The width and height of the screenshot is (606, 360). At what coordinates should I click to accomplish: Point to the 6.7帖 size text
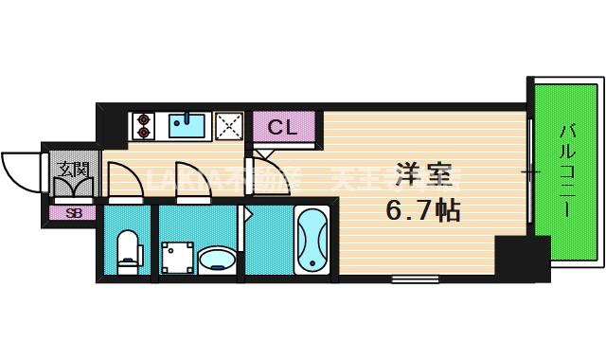pos(422,209)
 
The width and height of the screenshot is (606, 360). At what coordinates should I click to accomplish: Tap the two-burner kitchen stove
pos(144,124)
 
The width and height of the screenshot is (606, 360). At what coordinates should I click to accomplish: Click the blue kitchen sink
pos(187,124)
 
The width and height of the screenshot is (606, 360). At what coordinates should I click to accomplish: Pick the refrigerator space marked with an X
pos(228,124)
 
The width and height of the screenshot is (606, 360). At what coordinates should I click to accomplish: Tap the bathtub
pos(312,240)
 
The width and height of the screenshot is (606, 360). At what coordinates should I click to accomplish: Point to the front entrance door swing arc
pos(21,171)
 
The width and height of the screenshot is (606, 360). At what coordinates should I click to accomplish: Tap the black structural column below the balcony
pos(522,258)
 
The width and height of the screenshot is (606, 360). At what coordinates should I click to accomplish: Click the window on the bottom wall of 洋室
pos(408,279)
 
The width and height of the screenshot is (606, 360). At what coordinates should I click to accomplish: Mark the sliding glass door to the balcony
pos(532,171)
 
